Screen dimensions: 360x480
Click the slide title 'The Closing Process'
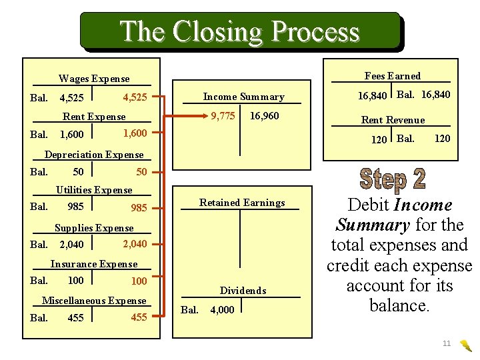(x=239, y=31)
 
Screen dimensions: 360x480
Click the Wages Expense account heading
(x=94, y=79)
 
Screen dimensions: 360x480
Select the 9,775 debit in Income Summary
(x=223, y=116)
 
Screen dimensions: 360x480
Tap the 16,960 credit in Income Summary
(x=264, y=116)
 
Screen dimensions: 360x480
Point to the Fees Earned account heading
(x=393, y=76)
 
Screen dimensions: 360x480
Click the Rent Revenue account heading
(x=393, y=120)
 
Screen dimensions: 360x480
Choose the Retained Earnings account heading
(x=242, y=203)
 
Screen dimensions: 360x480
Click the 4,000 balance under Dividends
(x=222, y=310)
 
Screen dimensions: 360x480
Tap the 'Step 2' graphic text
(x=393, y=179)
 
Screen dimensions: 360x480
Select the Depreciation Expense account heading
(x=94, y=155)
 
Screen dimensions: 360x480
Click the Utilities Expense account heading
(x=94, y=190)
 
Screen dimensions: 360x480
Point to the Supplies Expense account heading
(x=94, y=228)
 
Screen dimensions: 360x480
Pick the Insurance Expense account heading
(x=94, y=264)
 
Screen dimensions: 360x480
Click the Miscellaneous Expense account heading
(x=94, y=301)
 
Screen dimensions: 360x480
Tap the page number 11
(x=447, y=343)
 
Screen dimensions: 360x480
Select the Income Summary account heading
(x=243, y=97)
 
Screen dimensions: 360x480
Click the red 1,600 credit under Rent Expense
(x=135, y=133)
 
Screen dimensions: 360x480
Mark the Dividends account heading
(x=243, y=291)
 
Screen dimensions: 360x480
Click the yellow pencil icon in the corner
(x=467, y=345)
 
